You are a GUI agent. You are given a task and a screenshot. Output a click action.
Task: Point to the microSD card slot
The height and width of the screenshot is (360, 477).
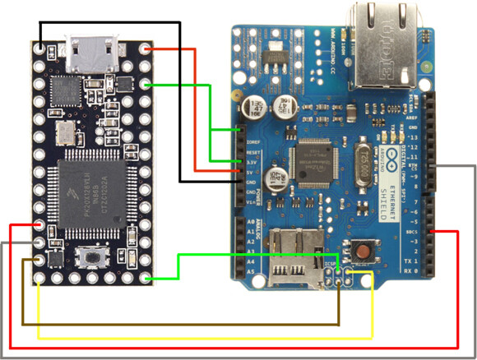click(x=297, y=255)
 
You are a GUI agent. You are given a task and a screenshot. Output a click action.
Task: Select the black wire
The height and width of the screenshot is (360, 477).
click(x=179, y=99)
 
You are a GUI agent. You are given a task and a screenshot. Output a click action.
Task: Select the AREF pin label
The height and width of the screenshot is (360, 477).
click(x=414, y=118)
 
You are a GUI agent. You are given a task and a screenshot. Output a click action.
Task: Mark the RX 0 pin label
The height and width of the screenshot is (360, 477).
click(x=414, y=270)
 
